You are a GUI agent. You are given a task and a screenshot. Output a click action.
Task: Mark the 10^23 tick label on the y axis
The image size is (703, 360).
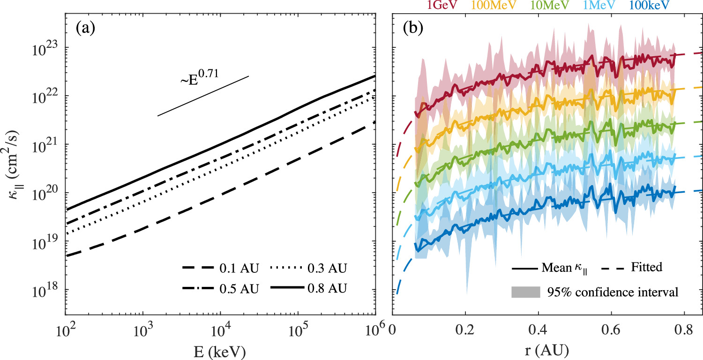50,48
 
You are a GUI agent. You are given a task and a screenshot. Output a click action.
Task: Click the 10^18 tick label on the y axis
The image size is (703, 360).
50,290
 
